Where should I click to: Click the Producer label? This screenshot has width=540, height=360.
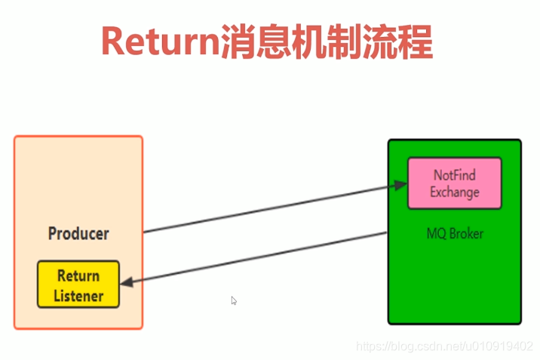78,233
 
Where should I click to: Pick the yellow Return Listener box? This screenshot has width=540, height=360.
78,285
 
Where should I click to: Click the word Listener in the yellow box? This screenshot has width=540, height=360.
78,295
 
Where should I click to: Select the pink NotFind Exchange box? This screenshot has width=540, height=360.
454,183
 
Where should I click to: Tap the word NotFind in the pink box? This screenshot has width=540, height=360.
454,175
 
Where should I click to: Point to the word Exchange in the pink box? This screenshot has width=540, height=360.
454,192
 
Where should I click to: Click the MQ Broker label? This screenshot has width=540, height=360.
454,233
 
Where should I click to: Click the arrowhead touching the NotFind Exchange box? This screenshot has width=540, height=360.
400,184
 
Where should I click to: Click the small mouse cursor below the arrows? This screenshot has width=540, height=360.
234,300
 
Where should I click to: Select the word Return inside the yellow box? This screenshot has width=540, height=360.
78,275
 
